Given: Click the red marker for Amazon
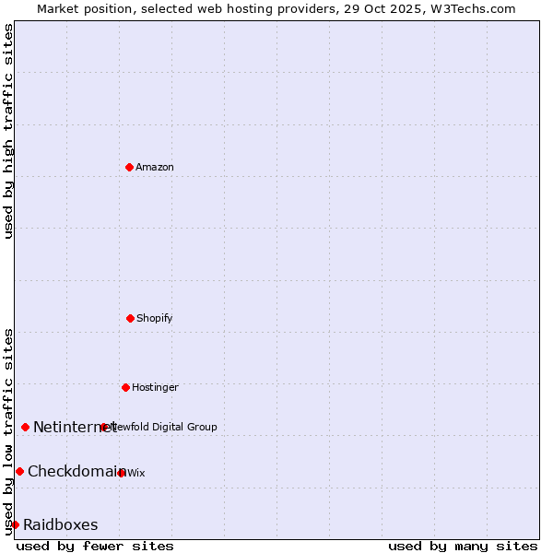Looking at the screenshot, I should click(x=129, y=167).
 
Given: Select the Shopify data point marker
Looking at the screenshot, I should click(x=130, y=318).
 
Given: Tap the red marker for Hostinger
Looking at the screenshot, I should click(x=125, y=387).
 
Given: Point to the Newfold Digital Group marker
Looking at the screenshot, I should click(x=104, y=427).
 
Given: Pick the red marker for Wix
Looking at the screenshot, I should click(x=122, y=473).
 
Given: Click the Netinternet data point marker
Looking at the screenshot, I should click(x=25, y=427).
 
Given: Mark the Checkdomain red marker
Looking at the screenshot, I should click(x=19, y=471).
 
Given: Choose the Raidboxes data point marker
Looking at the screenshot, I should click(x=15, y=524).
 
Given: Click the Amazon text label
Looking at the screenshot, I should click(x=155, y=167).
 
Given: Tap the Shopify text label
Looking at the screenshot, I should click(x=155, y=318).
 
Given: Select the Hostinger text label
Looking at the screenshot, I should click(x=155, y=387).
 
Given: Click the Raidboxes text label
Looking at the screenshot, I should click(x=61, y=525).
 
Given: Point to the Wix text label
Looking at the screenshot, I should click(x=136, y=473).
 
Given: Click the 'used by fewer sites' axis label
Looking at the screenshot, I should click(x=95, y=546).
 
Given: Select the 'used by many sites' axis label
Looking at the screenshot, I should click(x=463, y=546).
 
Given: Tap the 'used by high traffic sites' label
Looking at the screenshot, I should click(x=8, y=131).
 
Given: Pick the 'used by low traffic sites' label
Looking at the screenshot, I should click(x=8, y=431).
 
